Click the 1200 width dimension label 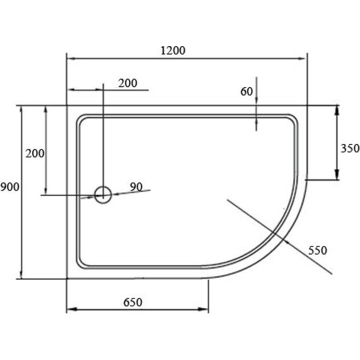pyautogui.click(x=172, y=51)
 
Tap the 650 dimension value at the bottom pyautogui.click(x=131, y=302)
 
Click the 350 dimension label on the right pyautogui.click(x=349, y=149)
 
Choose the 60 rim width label pyautogui.click(x=246, y=92)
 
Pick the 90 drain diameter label pyautogui.click(x=136, y=186)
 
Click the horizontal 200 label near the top pyautogui.click(x=127, y=83)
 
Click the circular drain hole pyautogui.click(x=102, y=194)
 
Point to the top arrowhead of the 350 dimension pyautogui.click(x=337, y=109)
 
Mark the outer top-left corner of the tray pyautogui.click(x=67, y=105)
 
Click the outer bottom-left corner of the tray pyautogui.click(x=67, y=279)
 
